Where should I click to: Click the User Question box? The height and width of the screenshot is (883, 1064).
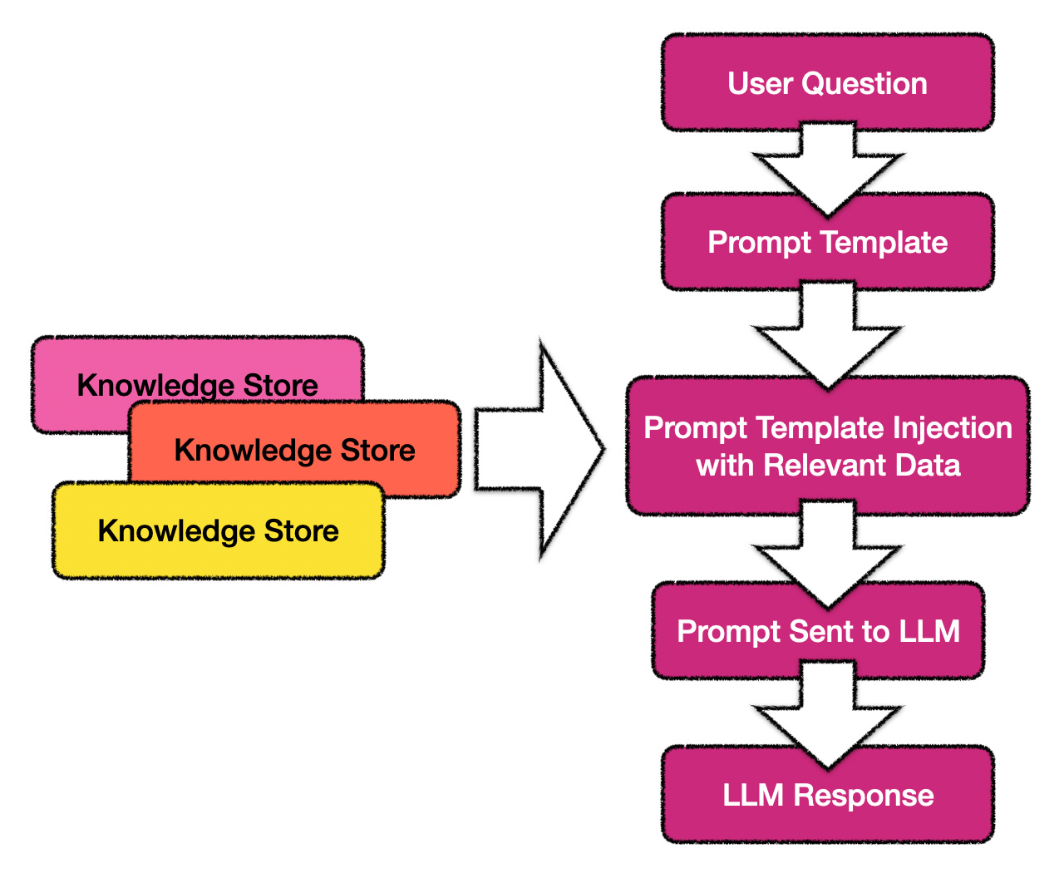827,82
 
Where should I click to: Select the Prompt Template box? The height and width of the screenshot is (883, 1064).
827,242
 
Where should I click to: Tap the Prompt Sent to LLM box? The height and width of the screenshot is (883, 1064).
818,630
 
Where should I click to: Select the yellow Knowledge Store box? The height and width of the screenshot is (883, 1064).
218,530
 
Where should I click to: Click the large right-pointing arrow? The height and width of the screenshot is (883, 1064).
539,449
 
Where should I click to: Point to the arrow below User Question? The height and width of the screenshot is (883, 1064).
828,169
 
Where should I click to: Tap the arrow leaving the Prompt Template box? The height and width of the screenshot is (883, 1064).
828,335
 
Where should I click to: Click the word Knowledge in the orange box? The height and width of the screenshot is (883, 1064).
253,450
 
